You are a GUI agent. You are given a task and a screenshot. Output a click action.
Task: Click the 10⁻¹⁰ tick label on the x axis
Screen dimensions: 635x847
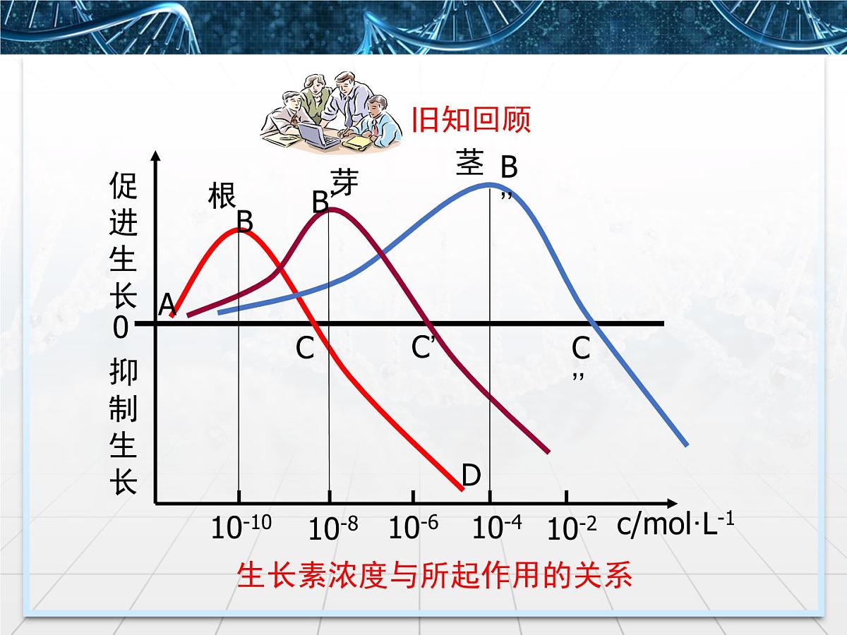click(241, 527)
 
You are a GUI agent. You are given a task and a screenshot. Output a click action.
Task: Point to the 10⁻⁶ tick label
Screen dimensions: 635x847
click(414, 527)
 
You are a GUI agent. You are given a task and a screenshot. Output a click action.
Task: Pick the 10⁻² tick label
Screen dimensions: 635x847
click(572, 527)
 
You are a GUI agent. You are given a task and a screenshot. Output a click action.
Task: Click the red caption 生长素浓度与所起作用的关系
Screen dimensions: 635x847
click(434, 576)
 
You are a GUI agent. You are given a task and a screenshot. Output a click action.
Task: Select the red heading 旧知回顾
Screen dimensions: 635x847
click(471, 121)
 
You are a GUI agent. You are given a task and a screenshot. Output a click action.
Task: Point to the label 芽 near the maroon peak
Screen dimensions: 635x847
click(344, 181)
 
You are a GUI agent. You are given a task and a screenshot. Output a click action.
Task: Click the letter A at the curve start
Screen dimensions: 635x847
click(167, 305)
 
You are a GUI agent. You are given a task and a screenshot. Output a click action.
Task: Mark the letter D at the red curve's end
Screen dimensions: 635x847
click(471, 476)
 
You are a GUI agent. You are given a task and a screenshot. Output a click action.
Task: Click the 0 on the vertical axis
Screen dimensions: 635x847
click(121, 327)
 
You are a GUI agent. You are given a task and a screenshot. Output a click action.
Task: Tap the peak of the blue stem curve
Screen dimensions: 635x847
click(489, 185)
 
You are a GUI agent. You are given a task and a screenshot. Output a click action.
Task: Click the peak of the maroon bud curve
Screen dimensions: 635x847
click(329, 209)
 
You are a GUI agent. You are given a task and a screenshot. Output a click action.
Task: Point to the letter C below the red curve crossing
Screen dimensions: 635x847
click(305, 348)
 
